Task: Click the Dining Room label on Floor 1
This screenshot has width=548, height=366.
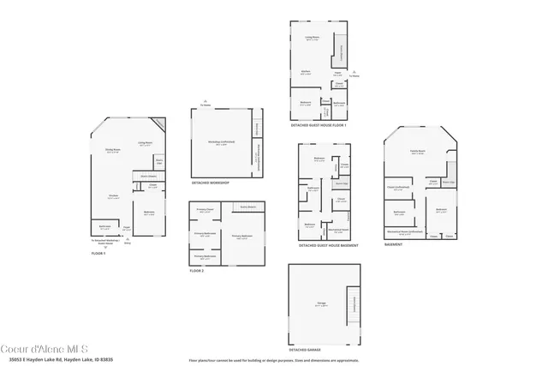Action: click(x=112, y=150)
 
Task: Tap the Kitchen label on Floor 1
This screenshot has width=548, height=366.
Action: click(x=113, y=197)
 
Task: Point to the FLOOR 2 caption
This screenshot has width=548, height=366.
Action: click(x=197, y=271)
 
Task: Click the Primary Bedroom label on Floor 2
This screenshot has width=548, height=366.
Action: click(x=241, y=236)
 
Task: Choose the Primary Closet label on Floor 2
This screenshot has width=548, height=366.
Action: click(x=204, y=210)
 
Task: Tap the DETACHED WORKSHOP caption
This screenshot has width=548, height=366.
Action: click(x=210, y=183)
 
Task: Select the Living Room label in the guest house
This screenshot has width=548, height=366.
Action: click(x=312, y=38)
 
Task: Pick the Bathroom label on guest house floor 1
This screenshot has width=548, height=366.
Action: click(x=338, y=105)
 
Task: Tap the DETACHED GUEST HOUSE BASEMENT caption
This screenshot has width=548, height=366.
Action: click(x=328, y=246)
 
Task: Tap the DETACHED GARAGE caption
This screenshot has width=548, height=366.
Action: click(x=307, y=350)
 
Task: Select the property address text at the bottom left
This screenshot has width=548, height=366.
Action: click(x=57, y=359)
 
